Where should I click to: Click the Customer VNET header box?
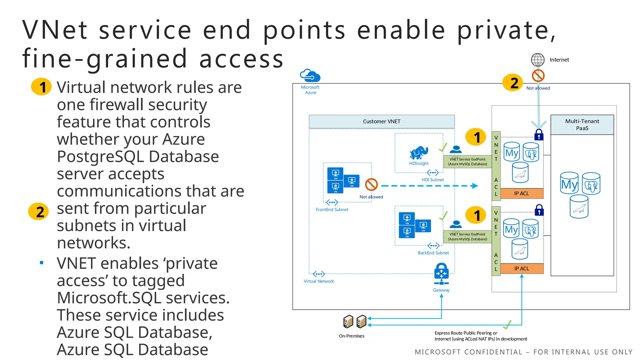382,121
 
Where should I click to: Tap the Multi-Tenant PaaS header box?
582,124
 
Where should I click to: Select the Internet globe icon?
537,59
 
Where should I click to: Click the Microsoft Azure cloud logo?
310,76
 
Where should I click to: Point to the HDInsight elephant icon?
419,153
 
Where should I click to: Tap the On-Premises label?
352,336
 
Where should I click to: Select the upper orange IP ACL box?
522,193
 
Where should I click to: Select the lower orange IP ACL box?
522,268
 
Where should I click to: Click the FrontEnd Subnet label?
332,209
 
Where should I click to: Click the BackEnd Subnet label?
433,253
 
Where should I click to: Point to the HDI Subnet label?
432,180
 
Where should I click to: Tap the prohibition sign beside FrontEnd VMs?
371,184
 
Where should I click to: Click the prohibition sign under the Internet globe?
538,75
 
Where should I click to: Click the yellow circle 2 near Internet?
512,83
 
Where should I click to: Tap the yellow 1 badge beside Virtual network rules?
41,87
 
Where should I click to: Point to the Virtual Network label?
319,281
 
